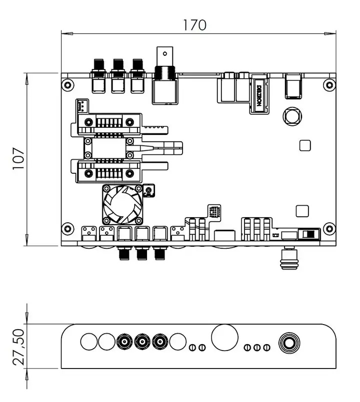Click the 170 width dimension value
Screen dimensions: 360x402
194,25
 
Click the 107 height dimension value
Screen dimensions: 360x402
18,158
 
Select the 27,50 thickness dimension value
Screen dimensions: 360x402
18,347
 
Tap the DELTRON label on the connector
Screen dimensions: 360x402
259,95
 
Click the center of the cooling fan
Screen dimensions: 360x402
122,204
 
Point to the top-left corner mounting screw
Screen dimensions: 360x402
67,84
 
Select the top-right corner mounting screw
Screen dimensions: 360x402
329,85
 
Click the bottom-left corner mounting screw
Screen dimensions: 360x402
67,228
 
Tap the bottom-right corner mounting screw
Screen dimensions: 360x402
329,228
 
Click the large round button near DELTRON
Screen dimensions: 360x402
292,116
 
